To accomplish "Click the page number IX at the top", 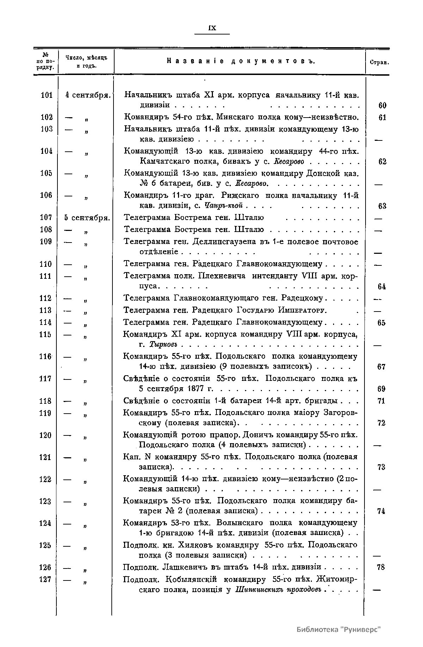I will click(x=212, y=29).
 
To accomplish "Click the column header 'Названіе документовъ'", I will click(x=240, y=62).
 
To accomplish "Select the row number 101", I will click(x=46, y=95).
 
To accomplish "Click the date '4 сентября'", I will click(x=88, y=95).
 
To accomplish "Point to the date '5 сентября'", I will click(x=87, y=218).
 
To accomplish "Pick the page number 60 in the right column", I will click(x=382, y=105).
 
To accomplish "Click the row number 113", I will click(x=46, y=310).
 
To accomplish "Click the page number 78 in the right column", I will click(x=381, y=567).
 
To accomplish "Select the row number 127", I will click(x=45, y=579).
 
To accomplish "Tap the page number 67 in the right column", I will click(x=381, y=367).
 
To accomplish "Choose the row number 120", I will click(x=45, y=435).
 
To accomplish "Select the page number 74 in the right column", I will click(x=381, y=511).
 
